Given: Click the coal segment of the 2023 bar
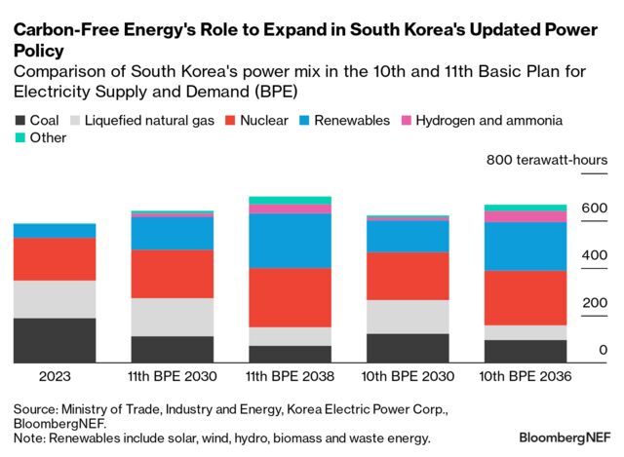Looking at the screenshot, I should (54, 340).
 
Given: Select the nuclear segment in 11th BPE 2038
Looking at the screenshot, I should (290, 297).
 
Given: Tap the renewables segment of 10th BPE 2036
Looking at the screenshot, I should (526, 246).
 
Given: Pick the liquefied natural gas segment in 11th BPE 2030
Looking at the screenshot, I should (172, 317).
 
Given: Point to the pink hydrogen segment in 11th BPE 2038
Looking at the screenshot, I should (290, 209).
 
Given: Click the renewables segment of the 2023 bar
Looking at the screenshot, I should (54, 230).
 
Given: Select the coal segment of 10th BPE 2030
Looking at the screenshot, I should (408, 348).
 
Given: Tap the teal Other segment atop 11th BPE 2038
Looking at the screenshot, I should (290, 200).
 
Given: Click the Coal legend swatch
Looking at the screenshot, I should (20, 121).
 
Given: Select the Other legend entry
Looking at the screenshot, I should (40, 138).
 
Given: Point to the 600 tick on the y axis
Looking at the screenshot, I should (596, 208).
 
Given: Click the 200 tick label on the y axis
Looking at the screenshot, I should (596, 303).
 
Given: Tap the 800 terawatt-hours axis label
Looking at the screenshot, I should (547, 160).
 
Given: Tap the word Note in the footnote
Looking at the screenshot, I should (30, 438).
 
